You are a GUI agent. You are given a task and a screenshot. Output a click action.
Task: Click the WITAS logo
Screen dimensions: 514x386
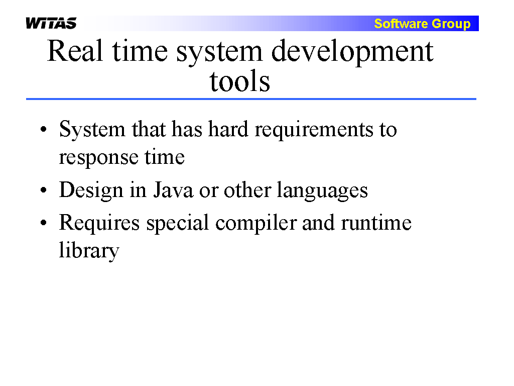click(51, 23)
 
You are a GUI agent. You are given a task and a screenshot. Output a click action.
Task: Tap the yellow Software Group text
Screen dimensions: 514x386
click(422, 24)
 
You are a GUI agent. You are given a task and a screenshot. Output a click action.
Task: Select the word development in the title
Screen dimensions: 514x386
click(352, 52)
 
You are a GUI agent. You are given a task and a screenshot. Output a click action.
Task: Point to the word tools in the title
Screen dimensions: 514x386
click(239, 81)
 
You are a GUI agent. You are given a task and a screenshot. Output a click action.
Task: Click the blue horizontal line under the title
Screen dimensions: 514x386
click(251, 99)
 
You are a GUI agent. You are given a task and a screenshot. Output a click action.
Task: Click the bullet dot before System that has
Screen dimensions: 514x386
click(44, 129)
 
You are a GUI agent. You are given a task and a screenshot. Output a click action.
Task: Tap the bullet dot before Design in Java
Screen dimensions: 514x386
click(44, 190)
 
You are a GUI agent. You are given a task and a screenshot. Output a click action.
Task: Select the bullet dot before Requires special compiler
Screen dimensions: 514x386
click(44, 223)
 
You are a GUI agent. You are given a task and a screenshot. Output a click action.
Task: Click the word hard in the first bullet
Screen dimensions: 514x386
click(228, 129)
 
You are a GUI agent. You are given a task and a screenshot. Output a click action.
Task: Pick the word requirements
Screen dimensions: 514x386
click(314, 130)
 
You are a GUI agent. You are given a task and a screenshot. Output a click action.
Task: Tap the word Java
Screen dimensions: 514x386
click(173, 190)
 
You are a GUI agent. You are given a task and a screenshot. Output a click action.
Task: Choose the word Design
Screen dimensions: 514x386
click(91, 191)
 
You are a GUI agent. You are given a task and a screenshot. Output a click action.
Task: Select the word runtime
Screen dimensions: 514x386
click(376, 223)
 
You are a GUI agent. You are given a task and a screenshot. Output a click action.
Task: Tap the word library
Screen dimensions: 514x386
click(89, 251)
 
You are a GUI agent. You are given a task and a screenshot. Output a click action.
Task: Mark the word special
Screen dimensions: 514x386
click(177, 224)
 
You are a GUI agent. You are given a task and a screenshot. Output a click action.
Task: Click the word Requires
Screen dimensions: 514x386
click(99, 223)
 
